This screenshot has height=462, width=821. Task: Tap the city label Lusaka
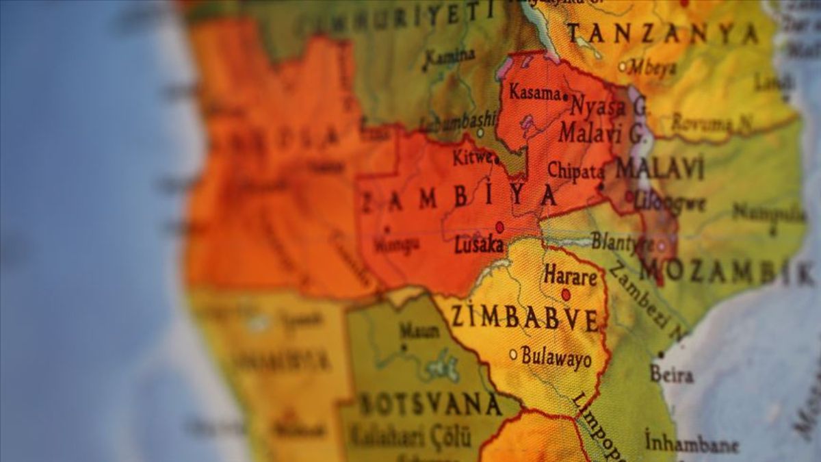point(479,244)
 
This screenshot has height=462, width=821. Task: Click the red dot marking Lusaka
point(499,227)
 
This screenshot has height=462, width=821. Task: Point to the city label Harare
point(571,277)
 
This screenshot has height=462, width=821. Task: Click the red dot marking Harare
point(566,294)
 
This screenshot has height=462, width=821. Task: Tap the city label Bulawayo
point(556,357)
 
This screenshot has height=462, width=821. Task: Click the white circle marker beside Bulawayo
point(513,354)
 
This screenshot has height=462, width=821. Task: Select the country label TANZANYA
point(662,33)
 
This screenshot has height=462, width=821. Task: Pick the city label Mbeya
point(652,67)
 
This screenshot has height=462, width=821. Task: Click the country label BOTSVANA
point(430,404)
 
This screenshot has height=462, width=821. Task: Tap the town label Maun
point(419,331)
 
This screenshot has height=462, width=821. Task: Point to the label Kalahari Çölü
point(411,435)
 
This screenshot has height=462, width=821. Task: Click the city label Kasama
point(535,92)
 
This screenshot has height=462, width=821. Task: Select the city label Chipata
point(575,171)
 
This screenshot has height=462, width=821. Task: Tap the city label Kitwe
point(472,157)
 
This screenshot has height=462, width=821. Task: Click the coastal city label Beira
point(671,374)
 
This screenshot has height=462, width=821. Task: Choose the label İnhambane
point(691,443)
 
